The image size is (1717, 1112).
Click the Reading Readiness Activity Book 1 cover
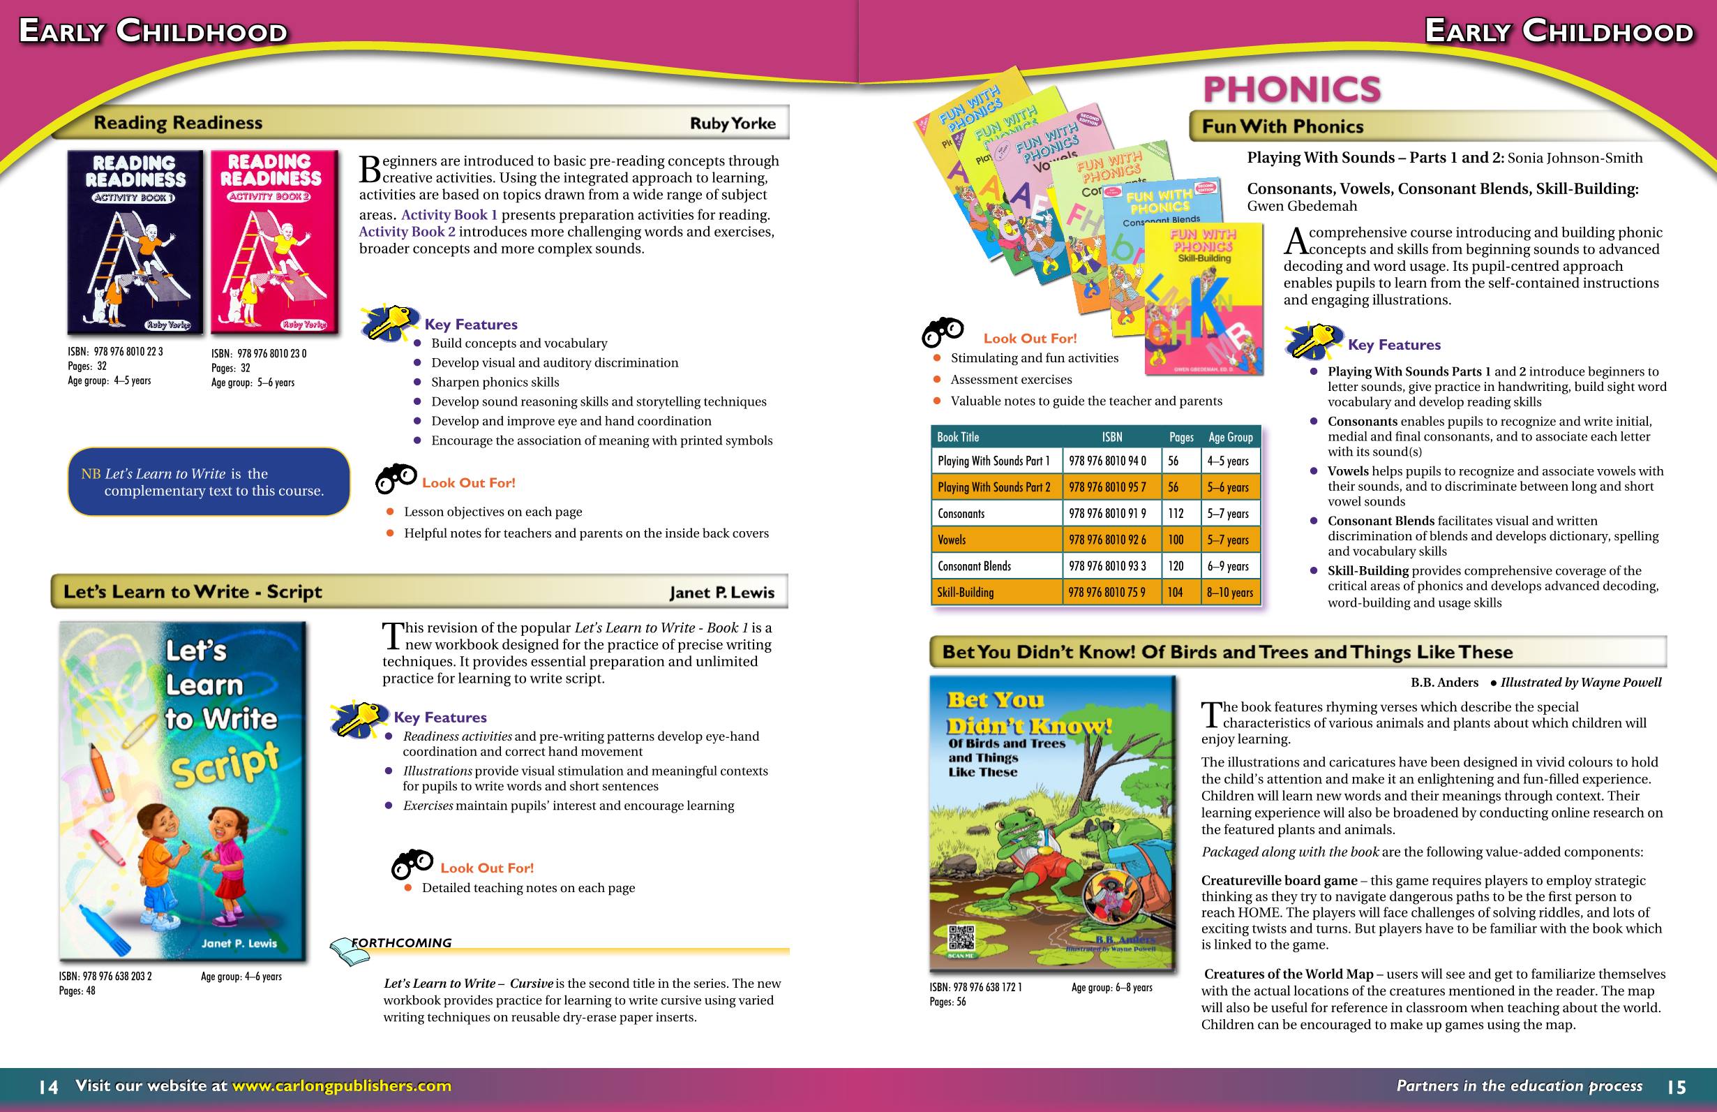135,242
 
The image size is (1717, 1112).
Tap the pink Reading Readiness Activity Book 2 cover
274,242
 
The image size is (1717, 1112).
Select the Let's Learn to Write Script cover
183,791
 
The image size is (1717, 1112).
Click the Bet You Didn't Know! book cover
1053,822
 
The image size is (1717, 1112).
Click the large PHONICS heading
1291,89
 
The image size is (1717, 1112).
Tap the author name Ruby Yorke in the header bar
733,124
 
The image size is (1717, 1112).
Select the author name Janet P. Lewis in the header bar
721,593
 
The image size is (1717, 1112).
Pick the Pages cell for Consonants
1176,514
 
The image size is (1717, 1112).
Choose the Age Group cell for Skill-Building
1230,593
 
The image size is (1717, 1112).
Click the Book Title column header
958,437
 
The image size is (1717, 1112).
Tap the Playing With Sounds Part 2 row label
994,487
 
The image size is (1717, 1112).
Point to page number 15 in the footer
1677,1087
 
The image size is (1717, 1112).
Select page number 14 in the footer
48,1087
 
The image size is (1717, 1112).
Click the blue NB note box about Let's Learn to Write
209,482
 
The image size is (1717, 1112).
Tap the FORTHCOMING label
401,943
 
